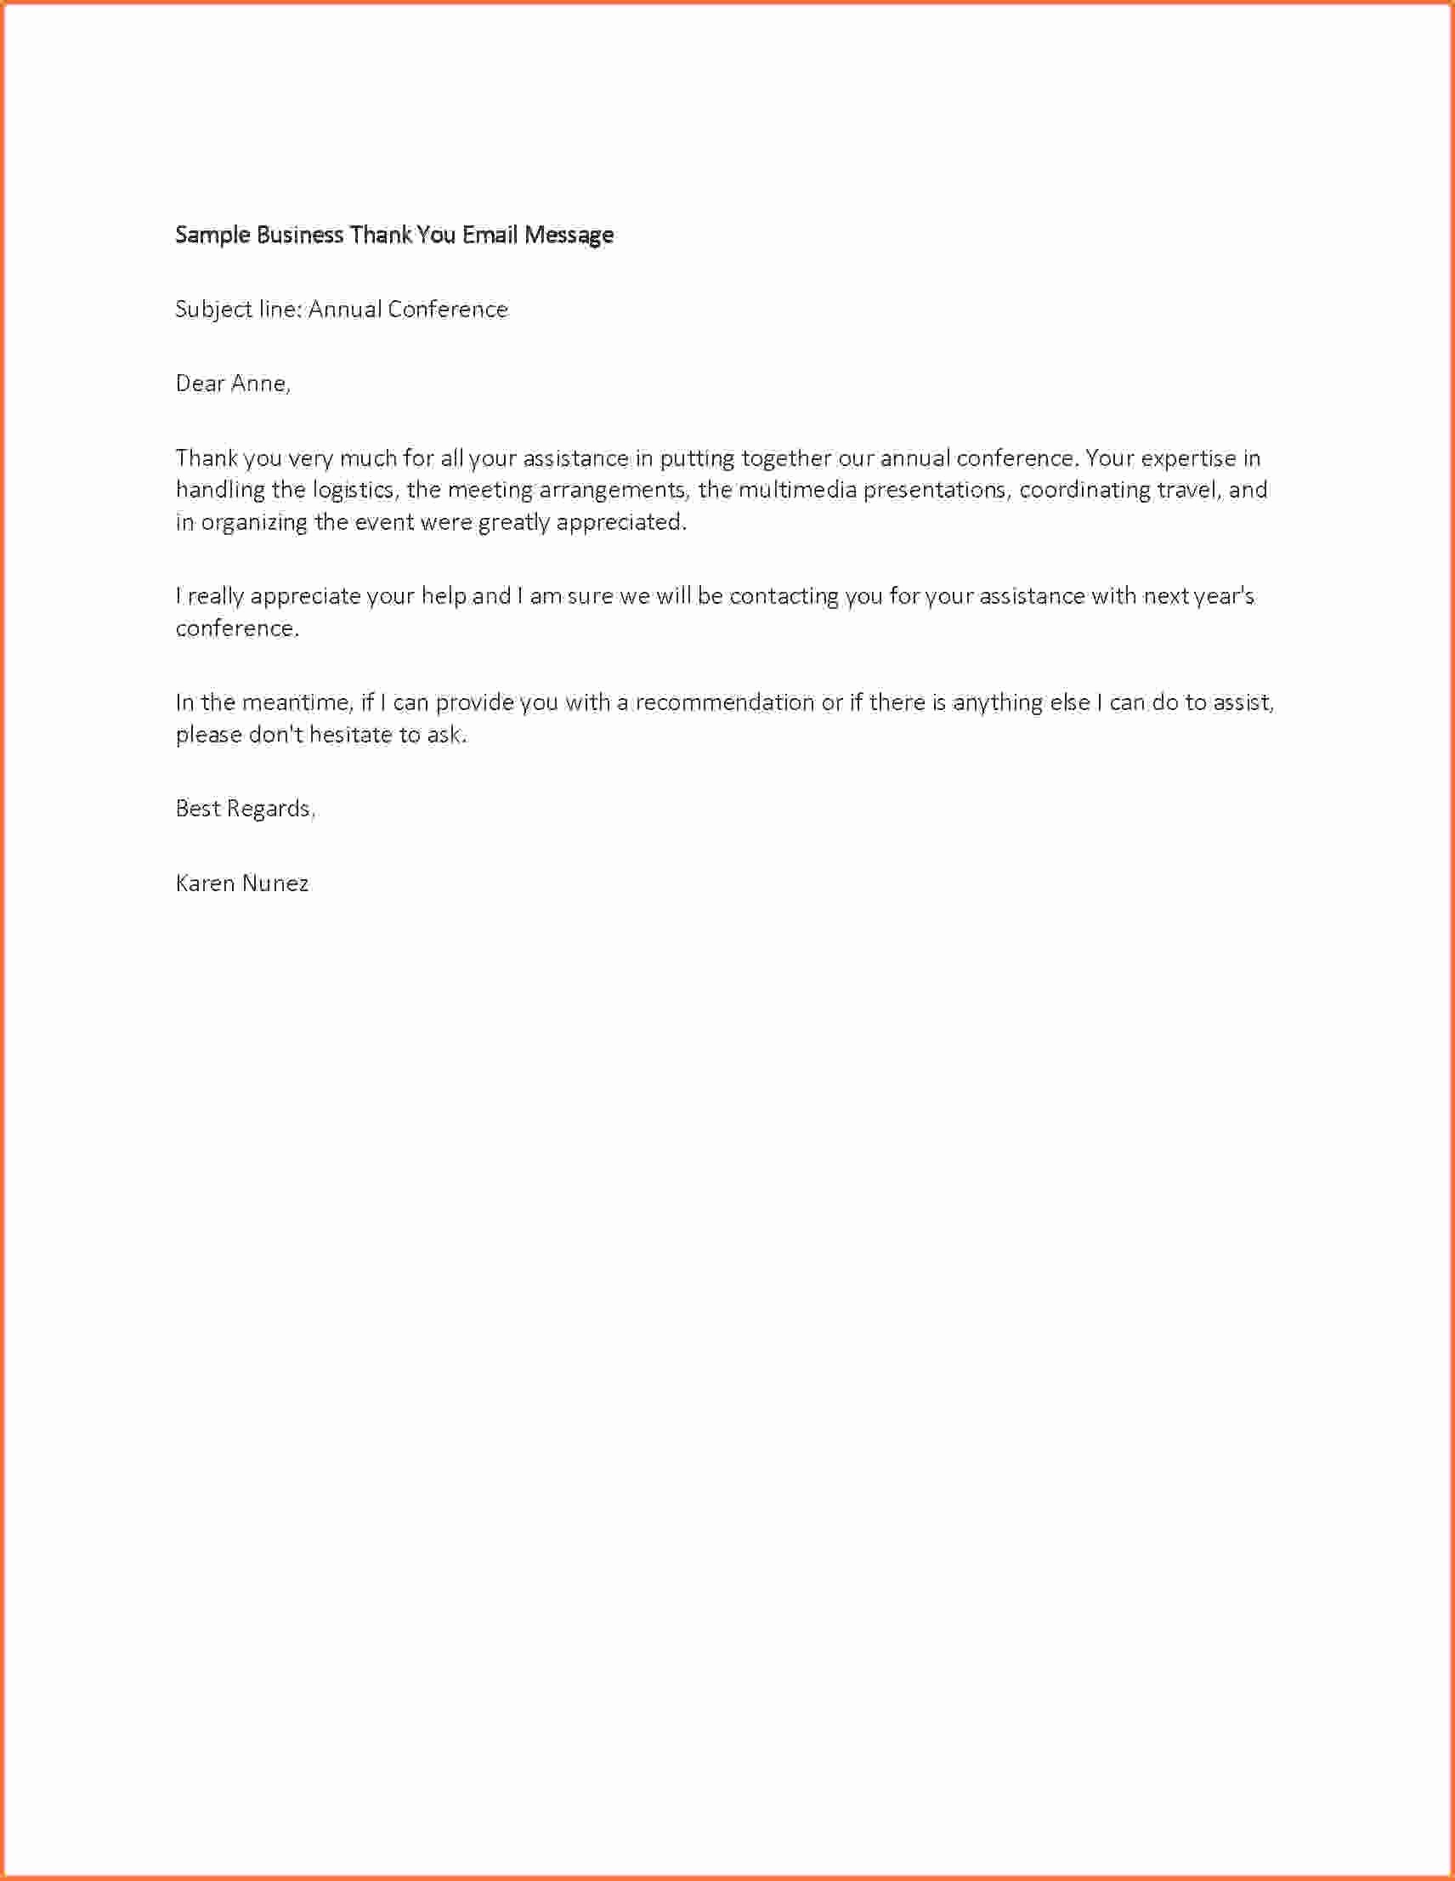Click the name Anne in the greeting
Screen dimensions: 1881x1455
pos(261,384)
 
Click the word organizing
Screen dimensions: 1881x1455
pos(254,523)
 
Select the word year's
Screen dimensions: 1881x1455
pos(1225,596)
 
